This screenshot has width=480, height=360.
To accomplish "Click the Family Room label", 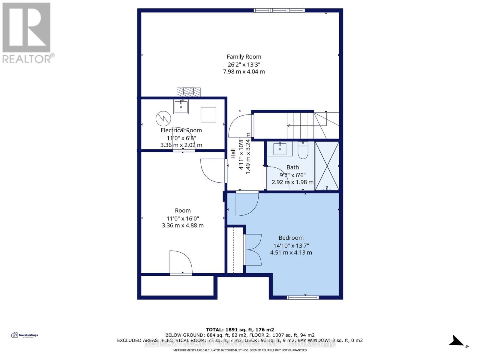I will pyautogui.click(x=244, y=57).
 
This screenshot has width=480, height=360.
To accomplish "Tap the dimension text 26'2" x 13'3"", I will pyautogui.click(x=244, y=64).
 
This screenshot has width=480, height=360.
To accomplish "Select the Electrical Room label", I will pyautogui.click(x=181, y=130).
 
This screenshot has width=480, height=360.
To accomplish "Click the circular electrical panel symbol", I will pyautogui.click(x=163, y=118).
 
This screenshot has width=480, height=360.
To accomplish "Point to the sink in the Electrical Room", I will pyautogui.click(x=181, y=107).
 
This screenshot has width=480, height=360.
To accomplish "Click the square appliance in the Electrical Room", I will pyautogui.click(x=208, y=115).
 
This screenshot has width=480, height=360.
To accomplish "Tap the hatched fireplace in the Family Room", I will pyautogui.click(x=188, y=92).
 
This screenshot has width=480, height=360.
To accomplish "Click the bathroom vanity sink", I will pyautogui.click(x=280, y=149).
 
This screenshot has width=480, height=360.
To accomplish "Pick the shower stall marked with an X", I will pyautogui.click(x=327, y=166).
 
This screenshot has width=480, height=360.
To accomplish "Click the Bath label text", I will pyautogui.click(x=292, y=167).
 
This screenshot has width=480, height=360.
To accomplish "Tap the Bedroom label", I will pyautogui.click(x=291, y=238).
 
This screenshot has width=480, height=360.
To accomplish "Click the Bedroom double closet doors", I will pyautogui.click(x=253, y=250).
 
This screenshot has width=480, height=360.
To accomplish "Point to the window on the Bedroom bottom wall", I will pyautogui.click(x=302, y=297).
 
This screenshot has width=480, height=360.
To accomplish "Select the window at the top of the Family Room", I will pyautogui.click(x=279, y=10).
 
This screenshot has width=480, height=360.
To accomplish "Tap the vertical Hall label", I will pyautogui.click(x=233, y=153).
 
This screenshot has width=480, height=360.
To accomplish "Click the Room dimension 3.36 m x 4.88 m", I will pyautogui.click(x=182, y=226).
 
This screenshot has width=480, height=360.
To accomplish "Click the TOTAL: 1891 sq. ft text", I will pyautogui.click(x=240, y=329).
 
